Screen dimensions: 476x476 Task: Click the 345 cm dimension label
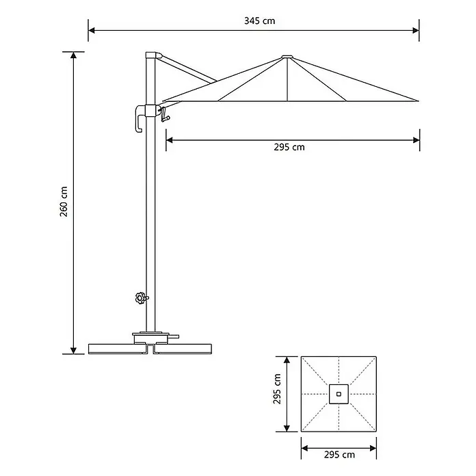(x=260, y=21)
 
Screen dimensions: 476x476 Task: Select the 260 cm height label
(x=64, y=202)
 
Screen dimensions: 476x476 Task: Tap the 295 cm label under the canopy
(x=289, y=147)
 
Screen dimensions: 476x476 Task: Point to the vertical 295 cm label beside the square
(x=277, y=389)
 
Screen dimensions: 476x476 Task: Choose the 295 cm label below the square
(x=339, y=455)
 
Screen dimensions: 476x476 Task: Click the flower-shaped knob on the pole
(x=141, y=298)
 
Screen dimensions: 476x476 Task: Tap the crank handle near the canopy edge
(x=164, y=115)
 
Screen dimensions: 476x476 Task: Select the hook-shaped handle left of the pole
(x=139, y=119)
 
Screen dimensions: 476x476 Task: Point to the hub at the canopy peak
(x=287, y=57)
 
